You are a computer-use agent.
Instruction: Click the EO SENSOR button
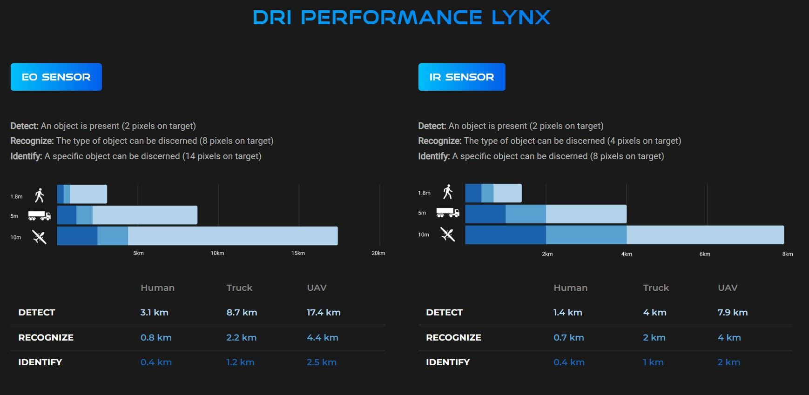click(x=56, y=77)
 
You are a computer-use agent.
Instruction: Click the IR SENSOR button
click(x=462, y=77)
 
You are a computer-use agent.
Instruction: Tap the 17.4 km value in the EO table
click(x=324, y=313)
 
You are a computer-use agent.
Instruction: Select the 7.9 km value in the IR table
click(x=732, y=313)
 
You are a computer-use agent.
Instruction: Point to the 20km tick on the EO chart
click(x=378, y=253)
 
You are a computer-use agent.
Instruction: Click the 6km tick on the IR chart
click(x=705, y=254)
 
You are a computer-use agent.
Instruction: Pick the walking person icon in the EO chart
click(x=40, y=195)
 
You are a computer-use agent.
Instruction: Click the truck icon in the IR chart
click(x=448, y=213)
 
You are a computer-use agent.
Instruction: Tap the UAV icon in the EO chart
click(x=40, y=237)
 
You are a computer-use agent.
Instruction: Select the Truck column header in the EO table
click(x=239, y=288)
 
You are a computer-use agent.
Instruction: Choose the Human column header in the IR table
click(x=570, y=288)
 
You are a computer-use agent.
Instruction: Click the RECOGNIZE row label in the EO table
click(x=46, y=338)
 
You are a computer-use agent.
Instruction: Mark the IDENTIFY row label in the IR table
click(x=448, y=362)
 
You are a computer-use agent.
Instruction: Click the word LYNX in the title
click(x=520, y=18)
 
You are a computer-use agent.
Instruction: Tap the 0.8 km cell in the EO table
click(x=156, y=338)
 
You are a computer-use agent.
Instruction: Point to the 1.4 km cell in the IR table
click(x=567, y=313)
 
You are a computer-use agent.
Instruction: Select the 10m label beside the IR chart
click(x=424, y=235)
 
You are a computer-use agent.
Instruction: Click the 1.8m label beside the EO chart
click(x=16, y=197)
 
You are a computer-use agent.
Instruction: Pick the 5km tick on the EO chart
click(x=138, y=253)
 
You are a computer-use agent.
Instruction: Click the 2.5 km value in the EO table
click(x=321, y=362)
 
